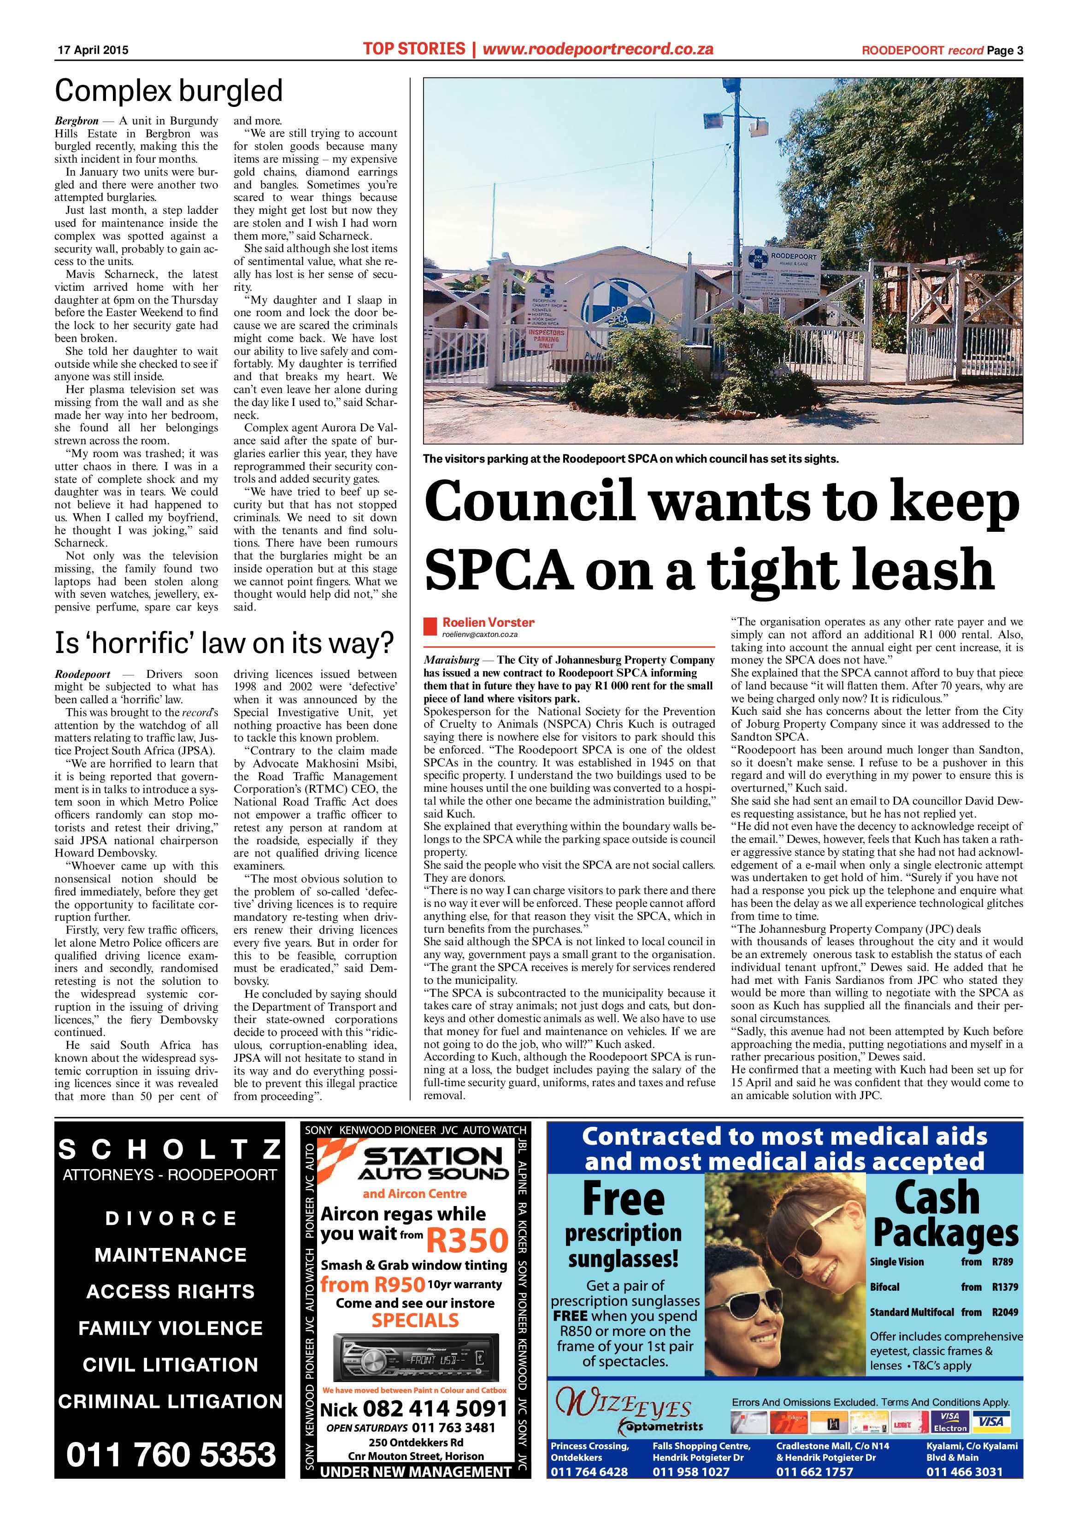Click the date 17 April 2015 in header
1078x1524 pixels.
coord(93,50)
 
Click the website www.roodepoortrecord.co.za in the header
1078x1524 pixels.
coord(597,48)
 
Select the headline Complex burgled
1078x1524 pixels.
coord(169,91)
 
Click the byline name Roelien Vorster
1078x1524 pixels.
coord(488,622)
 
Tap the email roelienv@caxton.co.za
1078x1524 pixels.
coord(479,635)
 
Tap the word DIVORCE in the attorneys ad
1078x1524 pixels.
coord(171,1218)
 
